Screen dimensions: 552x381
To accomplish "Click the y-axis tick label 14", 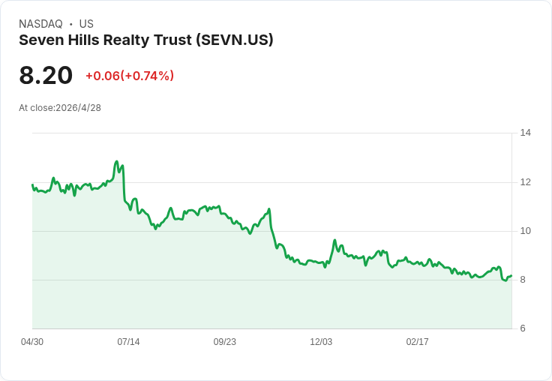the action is pos(526,133).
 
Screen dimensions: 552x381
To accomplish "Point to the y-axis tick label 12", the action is pos(526,182).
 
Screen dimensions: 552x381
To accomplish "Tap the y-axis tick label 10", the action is pos(526,231).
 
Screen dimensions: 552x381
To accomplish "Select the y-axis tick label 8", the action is pos(523,280).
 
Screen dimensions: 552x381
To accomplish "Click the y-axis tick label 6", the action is pos(523,328).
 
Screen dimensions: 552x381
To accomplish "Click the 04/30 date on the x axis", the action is pos(32,342).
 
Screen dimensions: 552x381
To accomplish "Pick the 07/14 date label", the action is pos(128,342).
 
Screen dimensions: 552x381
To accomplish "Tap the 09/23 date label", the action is pos(224,342).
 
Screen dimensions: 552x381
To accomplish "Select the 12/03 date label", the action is pos(321,342).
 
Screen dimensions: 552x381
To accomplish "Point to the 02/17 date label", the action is pos(417,342).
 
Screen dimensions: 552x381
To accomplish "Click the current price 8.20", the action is pos(46,75).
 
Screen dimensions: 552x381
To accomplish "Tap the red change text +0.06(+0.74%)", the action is pos(130,76).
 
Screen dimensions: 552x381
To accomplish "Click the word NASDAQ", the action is pos(40,24).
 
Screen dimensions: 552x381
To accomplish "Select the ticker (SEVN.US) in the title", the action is pos(235,40).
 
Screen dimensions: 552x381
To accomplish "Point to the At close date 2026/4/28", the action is pos(79,108).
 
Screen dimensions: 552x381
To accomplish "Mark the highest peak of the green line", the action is pos(116,161).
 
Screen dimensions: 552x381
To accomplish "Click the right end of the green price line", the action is pos(511,276).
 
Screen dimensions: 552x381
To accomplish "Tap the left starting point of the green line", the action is pos(32,184).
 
